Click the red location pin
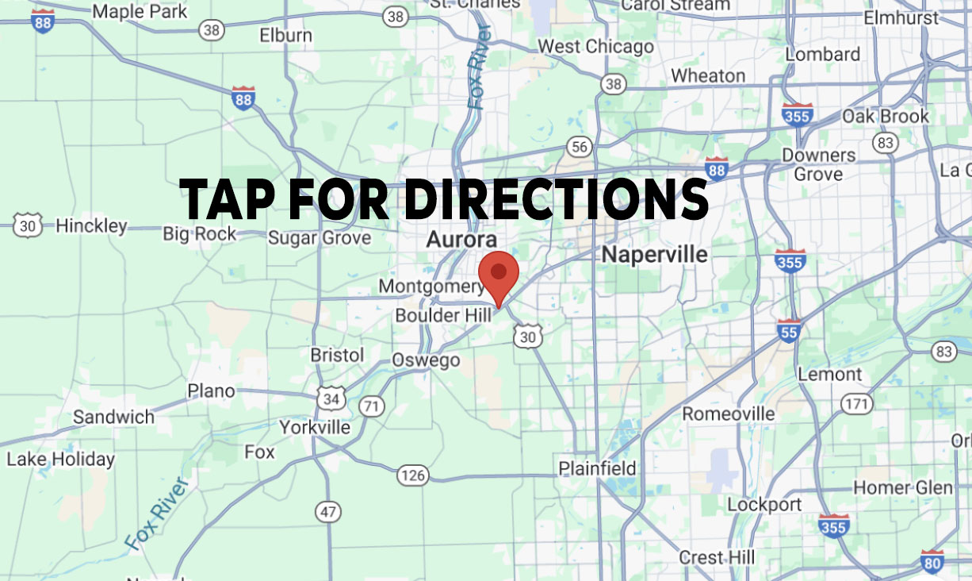coord(498,275)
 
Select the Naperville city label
coord(654,254)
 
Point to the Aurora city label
coord(461,239)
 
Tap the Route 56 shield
coord(580,146)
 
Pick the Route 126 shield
coord(413,475)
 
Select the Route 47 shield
coord(327,511)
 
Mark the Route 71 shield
coord(371,406)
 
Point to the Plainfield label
coord(598,468)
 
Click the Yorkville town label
coord(315,427)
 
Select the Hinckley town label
coord(91,226)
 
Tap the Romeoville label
coord(729,414)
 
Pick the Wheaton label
coord(708,76)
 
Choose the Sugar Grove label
coord(320,238)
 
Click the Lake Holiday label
coord(61,459)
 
